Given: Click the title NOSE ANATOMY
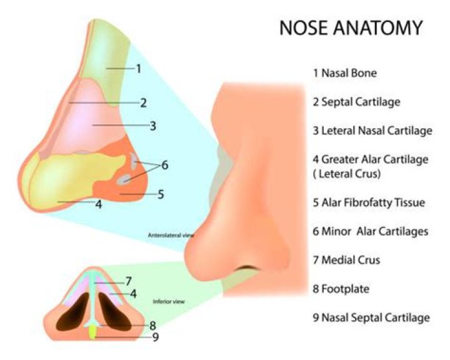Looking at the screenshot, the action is pos(351,28).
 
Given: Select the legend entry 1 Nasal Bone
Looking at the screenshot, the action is pos(345,73).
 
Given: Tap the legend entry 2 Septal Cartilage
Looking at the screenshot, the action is pos(356,102).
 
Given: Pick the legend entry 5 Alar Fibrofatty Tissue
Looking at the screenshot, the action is pos(369,202).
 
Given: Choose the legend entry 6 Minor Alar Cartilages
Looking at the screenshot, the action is pos(371,231).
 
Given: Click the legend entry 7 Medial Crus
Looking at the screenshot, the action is pos(346,260).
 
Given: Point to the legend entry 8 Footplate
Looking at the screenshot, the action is pos(341,289).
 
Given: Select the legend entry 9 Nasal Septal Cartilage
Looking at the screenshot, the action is pos(371,317).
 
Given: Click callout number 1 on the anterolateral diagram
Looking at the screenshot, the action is pos(139,69).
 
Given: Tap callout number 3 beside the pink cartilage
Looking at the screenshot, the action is pos(152,126).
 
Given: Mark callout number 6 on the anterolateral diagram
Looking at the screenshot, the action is pos(165,165).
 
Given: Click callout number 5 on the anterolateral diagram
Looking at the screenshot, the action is pos(161,194).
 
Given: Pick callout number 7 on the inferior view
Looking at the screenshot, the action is pos(128,281).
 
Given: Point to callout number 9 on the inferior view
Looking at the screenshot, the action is pos(155,337).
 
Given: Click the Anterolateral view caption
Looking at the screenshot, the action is pos(171,235).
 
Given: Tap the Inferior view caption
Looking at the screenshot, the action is pos(169,301).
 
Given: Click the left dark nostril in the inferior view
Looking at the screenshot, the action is pos(73,312).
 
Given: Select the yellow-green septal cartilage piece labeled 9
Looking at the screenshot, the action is pos(92,332).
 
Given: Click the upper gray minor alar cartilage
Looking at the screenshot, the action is pos(134,160).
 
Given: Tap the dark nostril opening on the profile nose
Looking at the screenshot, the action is pos(247,268).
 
